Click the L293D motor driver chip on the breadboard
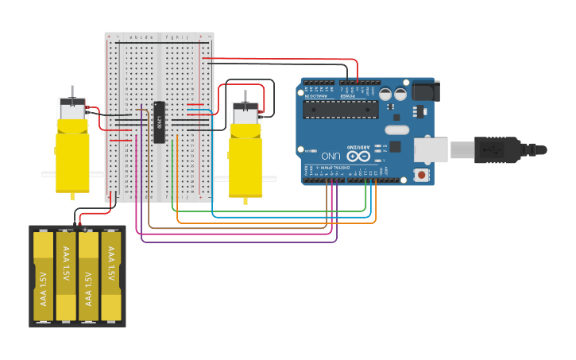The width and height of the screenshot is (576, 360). pyautogui.click(x=160, y=123)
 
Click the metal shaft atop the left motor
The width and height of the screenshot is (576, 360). pyautogui.click(x=72, y=92)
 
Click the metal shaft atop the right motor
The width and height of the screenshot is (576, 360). pyautogui.click(x=245, y=95)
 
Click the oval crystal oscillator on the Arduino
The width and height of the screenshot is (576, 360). pyautogui.click(x=396, y=130)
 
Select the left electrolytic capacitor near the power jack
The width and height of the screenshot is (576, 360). pyautogui.click(x=385, y=94)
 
